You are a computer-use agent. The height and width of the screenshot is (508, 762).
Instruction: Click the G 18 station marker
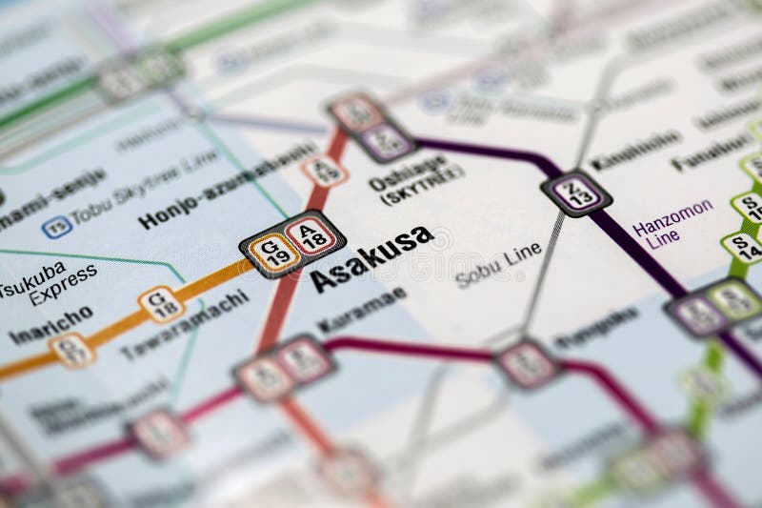point(161,304)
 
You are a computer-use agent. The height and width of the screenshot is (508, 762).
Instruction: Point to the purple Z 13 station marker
point(576,193)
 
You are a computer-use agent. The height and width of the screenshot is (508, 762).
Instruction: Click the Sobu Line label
point(497,265)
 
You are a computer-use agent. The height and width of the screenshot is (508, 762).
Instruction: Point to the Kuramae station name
point(361,310)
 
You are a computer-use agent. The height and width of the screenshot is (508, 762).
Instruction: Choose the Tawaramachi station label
point(185,324)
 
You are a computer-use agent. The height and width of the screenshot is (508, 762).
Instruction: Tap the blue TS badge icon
point(56,227)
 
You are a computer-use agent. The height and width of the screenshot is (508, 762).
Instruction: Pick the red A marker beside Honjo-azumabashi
point(324,171)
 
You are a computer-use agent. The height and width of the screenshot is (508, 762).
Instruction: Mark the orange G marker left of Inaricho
point(71,349)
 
